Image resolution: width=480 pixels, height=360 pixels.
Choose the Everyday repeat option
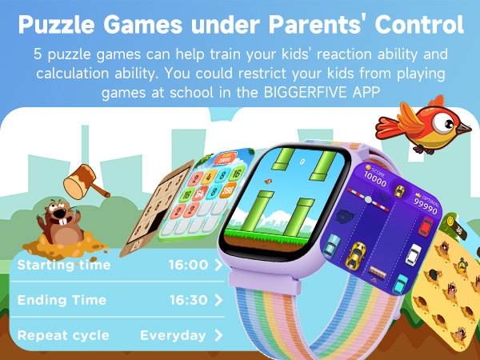pos(173,335)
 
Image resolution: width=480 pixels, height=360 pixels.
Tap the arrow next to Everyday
pos(219,335)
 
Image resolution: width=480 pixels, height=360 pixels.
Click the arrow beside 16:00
pos(219,265)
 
